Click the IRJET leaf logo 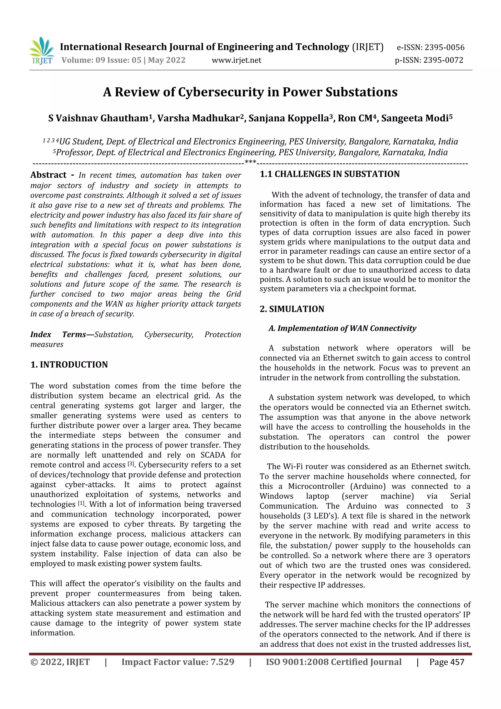42,50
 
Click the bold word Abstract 48,175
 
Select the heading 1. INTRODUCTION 69,364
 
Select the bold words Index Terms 58,334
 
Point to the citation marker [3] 131,464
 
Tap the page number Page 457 446,662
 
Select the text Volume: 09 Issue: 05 101,60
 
